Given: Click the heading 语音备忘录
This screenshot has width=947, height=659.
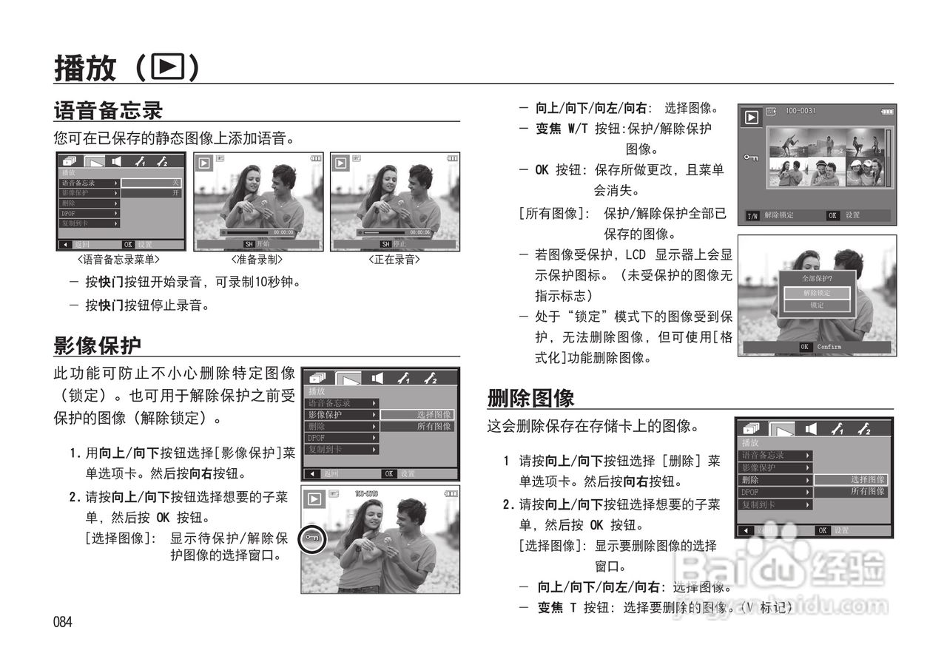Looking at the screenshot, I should (x=108, y=111).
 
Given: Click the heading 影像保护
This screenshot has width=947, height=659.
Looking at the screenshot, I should (x=97, y=345).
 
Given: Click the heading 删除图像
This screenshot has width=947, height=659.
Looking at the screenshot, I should (x=530, y=399).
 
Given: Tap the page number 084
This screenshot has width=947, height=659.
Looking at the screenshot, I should (x=62, y=622).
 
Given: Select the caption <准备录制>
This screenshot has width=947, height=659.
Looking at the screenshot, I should (x=257, y=260).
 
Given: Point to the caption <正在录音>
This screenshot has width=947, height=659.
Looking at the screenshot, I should (x=394, y=260).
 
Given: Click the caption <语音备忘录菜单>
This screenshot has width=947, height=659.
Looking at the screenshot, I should (x=118, y=260).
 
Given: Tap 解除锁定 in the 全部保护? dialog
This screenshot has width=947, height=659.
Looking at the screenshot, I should (x=817, y=293).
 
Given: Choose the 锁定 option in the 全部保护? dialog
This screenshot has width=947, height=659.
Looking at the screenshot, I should (x=817, y=305).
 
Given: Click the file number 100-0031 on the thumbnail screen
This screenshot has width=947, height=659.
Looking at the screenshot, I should (x=800, y=111).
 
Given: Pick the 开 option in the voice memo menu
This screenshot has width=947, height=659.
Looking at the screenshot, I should (x=175, y=193).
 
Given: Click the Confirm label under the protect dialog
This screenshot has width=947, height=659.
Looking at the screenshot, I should (x=829, y=347).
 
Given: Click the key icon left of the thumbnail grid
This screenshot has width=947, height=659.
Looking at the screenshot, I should (x=751, y=158).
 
